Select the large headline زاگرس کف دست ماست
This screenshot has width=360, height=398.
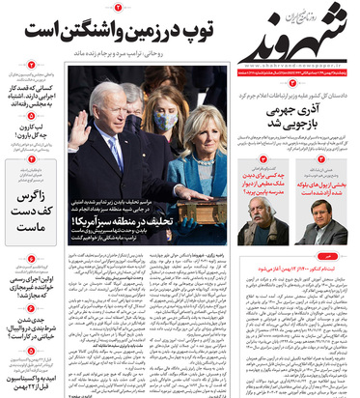click(28, 198)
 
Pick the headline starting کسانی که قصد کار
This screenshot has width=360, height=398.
click(28, 88)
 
